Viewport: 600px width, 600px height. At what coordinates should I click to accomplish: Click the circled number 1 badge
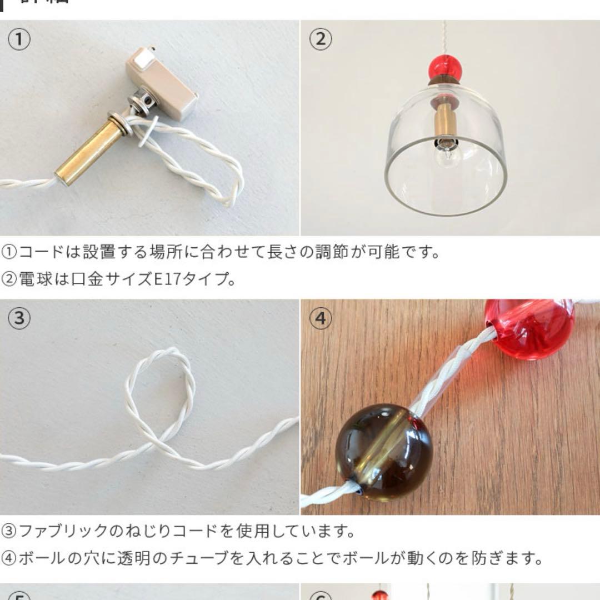(x=19, y=39)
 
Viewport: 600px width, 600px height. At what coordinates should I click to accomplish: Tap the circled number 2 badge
(x=321, y=39)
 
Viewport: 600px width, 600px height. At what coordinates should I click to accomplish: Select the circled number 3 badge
(x=19, y=319)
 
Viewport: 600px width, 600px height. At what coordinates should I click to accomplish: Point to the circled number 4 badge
(x=321, y=319)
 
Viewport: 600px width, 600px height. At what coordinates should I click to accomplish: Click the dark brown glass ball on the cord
(x=383, y=452)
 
